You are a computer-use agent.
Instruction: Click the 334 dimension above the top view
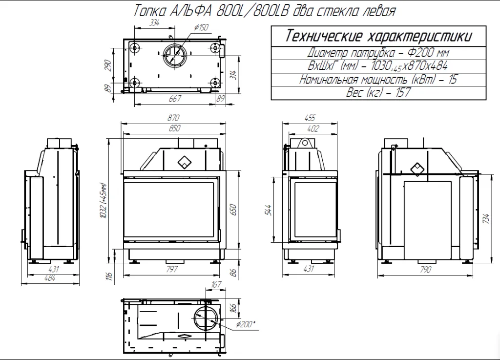click(x=154, y=22)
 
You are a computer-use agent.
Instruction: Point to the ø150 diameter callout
click(x=201, y=27)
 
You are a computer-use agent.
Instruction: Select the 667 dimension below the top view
click(x=175, y=99)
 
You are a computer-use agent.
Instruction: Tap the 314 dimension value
click(x=234, y=75)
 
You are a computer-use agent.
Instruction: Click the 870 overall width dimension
click(x=173, y=118)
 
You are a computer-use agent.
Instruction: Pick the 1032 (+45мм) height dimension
click(x=103, y=201)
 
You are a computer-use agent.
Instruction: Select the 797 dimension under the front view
click(x=172, y=269)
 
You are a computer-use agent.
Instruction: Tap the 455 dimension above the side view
click(x=310, y=118)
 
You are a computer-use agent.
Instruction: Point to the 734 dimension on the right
click(x=486, y=218)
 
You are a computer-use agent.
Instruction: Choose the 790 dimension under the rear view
click(x=425, y=270)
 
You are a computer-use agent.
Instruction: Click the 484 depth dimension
click(x=50, y=278)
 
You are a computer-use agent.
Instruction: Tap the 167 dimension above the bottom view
click(x=216, y=284)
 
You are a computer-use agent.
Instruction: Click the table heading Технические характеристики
click(x=378, y=36)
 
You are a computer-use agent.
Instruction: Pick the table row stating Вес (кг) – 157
click(x=378, y=92)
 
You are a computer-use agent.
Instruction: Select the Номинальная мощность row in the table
click(x=378, y=79)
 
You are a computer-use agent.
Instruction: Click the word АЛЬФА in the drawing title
click(x=191, y=11)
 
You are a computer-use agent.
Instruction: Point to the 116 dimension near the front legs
click(x=109, y=276)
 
